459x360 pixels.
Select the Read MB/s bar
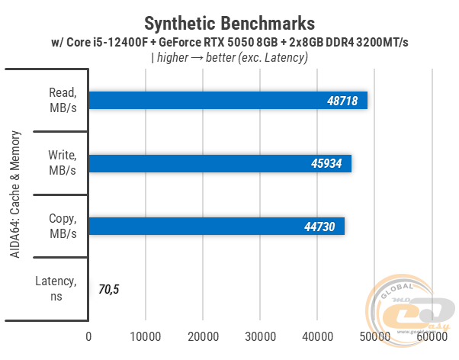pyautogui.click(x=228, y=101)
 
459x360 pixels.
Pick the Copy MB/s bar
pyautogui.click(x=217, y=227)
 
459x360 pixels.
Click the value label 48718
pyautogui.click(x=343, y=101)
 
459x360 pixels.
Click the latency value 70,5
pyautogui.click(x=109, y=289)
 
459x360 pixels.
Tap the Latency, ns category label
pyautogui.click(x=56, y=289)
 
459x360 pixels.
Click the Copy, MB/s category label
pyautogui.click(x=62, y=227)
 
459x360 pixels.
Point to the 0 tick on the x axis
pyautogui.click(x=89, y=336)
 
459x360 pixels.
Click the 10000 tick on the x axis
pyautogui.click(x=146, y=336)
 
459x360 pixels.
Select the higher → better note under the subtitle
pyautogui.click(x=229, y=57)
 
